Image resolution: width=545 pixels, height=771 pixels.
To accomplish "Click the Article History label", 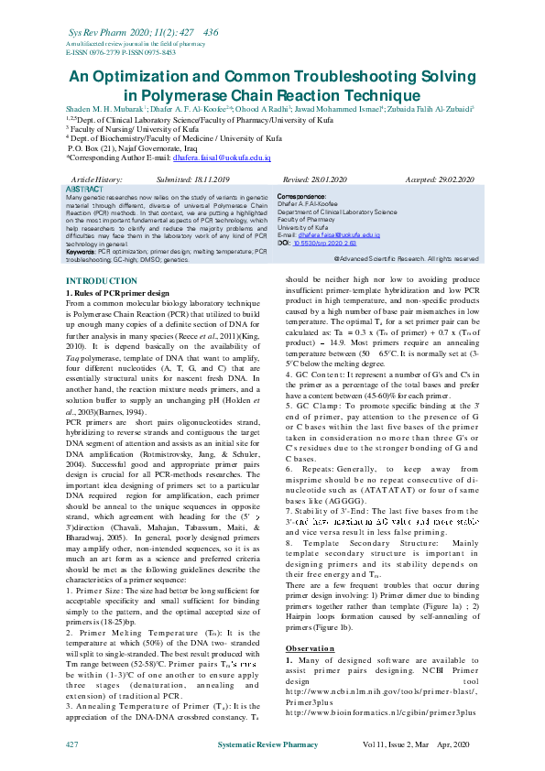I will click(x=96, y=179).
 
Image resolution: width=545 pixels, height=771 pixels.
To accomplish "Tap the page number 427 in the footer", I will click(x=72, y=747).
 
